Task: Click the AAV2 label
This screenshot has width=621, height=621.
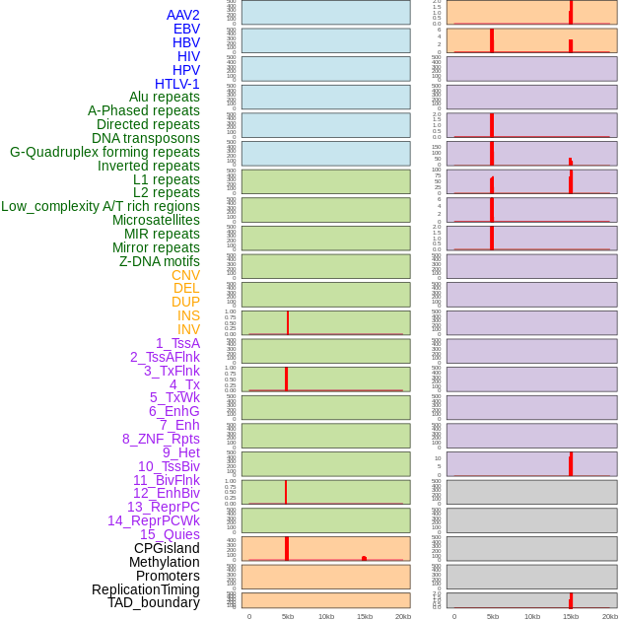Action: pyautogui.click(x=183, y=15)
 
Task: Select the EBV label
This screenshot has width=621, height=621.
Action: pyautogui.click(x=186, y=29)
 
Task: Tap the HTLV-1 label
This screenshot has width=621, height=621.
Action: pyautogui.click(x=177, y=84)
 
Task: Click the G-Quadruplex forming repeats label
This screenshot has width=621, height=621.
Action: pyautogui.click(x=104, y=152)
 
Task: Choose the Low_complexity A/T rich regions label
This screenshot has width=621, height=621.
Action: pyautogui.click(x=101, y=206)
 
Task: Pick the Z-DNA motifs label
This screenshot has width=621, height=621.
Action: pyautogui.click(x=160, y=261)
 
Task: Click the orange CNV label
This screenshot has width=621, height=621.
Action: pyautogui.click(x=185, y=275)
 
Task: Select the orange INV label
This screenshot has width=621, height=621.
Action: pyautogui.click(x=188, y=329)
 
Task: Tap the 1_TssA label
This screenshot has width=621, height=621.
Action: pyautogui.click(x=177, y=343)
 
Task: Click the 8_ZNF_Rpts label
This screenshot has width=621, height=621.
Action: pyautogui.click(x=161, y=439)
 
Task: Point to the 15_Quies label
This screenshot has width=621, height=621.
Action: pyautogui.click(x=170, y=534)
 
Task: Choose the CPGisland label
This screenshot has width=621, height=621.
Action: pyautogui.click(x=167, y=548)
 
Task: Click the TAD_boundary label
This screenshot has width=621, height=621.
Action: pyautogui.click(x=154, y=602)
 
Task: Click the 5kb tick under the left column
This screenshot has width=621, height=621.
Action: pyautogui.click(x=288, y=616)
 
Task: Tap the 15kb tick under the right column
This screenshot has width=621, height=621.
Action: pyautogui.click(x=571, y=616)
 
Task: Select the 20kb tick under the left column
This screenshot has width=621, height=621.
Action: pyautogui.click(x=403, y=616)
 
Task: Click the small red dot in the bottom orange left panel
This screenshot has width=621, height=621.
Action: pyautogui.click(x=365, y=558)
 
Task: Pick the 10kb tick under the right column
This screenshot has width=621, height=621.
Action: pyautogui.click(x=531, y=616)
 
